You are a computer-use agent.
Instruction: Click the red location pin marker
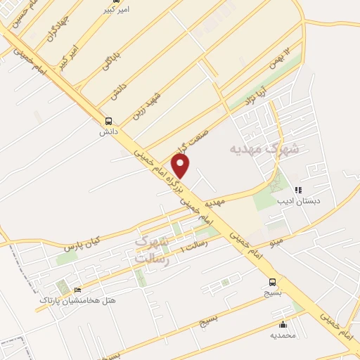pyautogui.click(x=181, y=165)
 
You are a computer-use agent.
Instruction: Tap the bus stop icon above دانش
pyautogui.click(x=108, y=120)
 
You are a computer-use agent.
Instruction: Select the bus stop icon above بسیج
pyautogui.click(x=271, y=283)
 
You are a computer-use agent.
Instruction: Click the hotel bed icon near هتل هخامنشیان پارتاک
pyautogui.click(x=77, y=290)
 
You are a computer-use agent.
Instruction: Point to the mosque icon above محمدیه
pyautogui.click(x=283, y=324)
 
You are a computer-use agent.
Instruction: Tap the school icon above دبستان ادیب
pyautogui.click(x=298, y=190)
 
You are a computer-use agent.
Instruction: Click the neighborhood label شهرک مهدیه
pyautogui.click(x=264, y=149)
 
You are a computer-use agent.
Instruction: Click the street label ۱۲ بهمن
pyautogui.click(x=278, y=59)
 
